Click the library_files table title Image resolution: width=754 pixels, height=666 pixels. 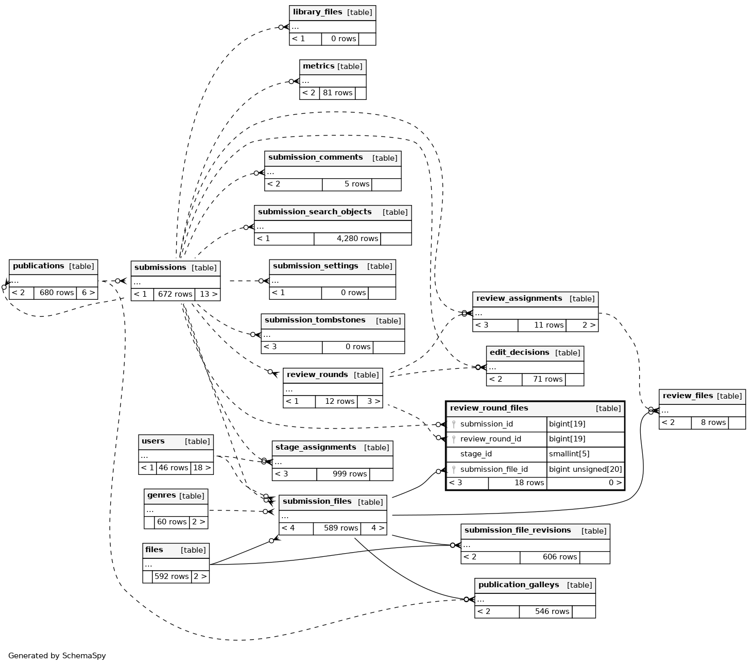pos(317,12)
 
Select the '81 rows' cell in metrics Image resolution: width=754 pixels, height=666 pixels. pos(337,93)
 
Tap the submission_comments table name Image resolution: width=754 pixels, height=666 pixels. pos(315,158)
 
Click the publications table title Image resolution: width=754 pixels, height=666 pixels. pos(39,266)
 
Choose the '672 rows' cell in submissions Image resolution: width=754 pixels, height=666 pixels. pos(175,294)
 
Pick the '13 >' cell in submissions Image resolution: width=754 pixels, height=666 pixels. pos(208,294)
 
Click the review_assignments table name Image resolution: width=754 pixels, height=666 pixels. pos(519,299)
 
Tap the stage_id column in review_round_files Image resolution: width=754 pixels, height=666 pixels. pos(476,454)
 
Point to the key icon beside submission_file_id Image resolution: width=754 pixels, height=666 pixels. pos(454,469)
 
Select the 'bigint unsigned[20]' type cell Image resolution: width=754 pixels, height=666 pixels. pos(586,469)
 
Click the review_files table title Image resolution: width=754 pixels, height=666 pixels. pos(688,396)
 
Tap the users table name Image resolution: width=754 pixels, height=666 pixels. pos(153,441)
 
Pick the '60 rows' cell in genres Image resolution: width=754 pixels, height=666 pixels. pos(172,522)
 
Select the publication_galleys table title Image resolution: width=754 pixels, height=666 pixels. pos(519,585)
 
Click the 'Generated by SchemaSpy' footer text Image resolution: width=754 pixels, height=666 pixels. pos(57,656)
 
